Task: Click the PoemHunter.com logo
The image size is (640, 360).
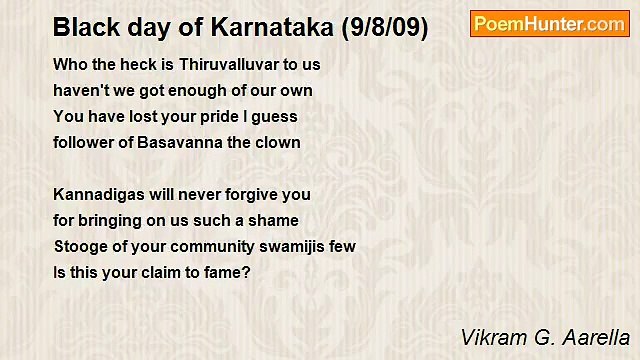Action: coord(549,24)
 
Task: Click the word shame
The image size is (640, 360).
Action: coord(275,220)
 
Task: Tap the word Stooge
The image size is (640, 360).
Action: coord(81,246)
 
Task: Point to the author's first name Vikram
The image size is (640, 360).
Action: coord(489,336)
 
